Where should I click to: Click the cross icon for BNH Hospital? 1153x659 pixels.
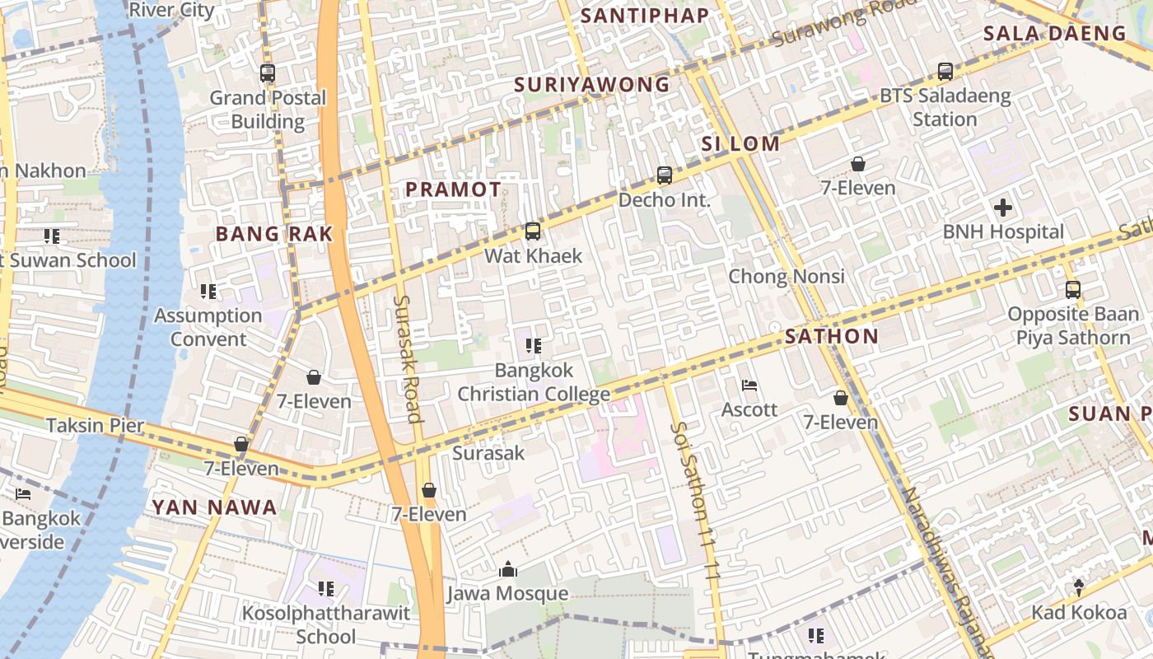coord(1002,208)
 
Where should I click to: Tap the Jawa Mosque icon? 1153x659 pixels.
coord(508,569)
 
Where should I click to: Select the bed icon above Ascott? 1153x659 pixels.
coord(749,386)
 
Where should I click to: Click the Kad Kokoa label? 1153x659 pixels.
coord(1079,612)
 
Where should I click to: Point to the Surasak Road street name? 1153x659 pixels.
coord(408,358)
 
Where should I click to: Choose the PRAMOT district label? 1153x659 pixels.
coord(453,189)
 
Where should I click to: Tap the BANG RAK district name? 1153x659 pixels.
coord(274,234)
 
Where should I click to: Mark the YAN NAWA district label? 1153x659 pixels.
coord(214,507)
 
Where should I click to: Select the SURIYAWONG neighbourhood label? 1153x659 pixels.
coord(592,85)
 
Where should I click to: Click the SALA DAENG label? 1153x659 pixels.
coord(1054,34)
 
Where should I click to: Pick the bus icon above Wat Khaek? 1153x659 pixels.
coord(533,231)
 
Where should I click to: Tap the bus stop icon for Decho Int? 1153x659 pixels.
coord(665,175)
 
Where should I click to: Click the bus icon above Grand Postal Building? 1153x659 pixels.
coord(268,73)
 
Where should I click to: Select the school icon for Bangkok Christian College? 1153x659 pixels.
coord(533,346)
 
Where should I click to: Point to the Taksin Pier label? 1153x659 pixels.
coord(95,426)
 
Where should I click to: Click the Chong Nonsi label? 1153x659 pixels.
coord(787,276)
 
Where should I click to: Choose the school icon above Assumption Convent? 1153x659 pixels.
coord(208,292)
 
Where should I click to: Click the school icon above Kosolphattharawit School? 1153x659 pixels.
coord(326,589)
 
